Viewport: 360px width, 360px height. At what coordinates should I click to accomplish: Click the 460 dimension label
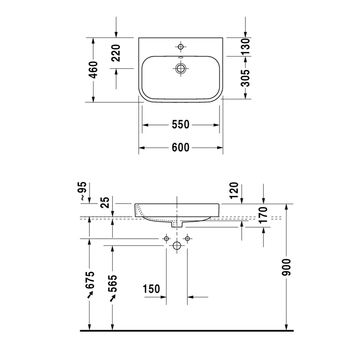94,70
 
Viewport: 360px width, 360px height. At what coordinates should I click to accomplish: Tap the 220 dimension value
116,53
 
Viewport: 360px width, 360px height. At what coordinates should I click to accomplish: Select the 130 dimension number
245,47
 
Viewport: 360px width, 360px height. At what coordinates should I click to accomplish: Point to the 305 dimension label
245,78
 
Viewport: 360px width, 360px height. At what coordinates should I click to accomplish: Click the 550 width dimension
181,124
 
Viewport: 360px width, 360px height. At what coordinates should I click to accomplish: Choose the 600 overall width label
181,148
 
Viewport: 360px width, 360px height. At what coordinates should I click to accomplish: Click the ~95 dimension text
83,191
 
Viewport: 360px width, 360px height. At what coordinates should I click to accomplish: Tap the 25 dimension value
105,203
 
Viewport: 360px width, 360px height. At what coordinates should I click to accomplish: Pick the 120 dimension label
234,191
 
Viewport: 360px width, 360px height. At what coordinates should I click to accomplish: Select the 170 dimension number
263,214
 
